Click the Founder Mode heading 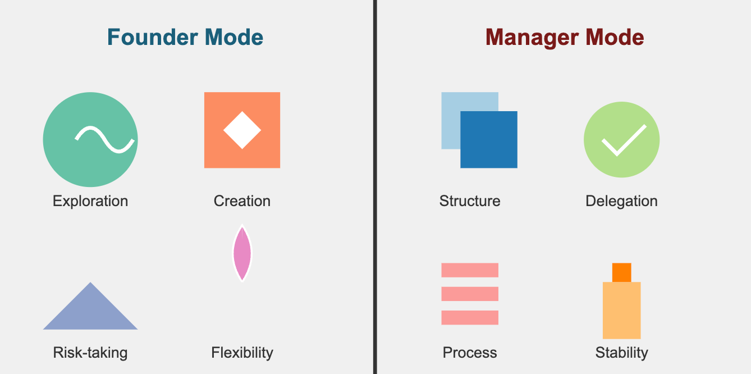click(185, 38)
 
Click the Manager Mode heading click(565, 38)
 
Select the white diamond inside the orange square click(242, 130)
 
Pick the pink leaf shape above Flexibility click(242, 253)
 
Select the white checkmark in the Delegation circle click(623, 140)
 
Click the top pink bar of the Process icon click(470, 270)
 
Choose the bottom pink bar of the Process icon click(470, 317)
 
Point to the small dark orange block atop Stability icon click(621, 272)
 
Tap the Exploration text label click(90, 201)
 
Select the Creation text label click(242, 201)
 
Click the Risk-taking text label click(90, 353)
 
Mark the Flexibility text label click(242, 353)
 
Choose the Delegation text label click(621, 201)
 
